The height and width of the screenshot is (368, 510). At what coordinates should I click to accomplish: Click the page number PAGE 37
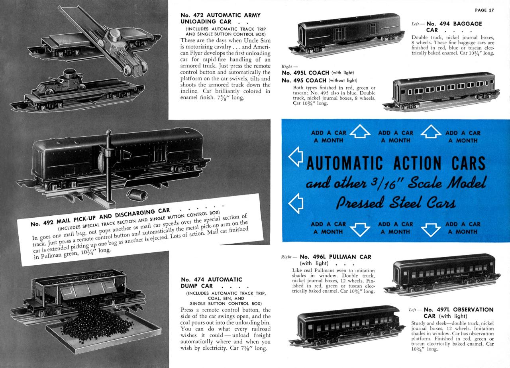pos(484,10)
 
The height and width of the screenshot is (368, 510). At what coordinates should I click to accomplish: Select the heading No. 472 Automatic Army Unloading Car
pos(220,18)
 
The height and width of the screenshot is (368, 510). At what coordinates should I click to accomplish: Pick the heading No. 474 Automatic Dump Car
pos(211,283)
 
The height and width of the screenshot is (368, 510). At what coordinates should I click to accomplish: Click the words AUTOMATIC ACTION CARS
pos(396,163)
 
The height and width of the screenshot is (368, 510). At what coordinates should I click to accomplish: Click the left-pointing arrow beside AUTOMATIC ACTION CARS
pos(293,158)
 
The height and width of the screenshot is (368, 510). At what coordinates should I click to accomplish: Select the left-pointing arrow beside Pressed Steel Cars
pos(293,203)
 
